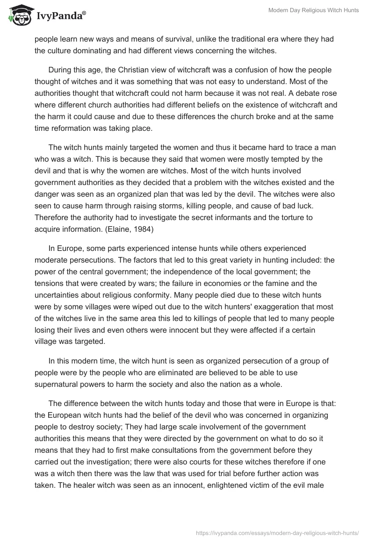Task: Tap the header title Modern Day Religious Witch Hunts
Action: point(314,10)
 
